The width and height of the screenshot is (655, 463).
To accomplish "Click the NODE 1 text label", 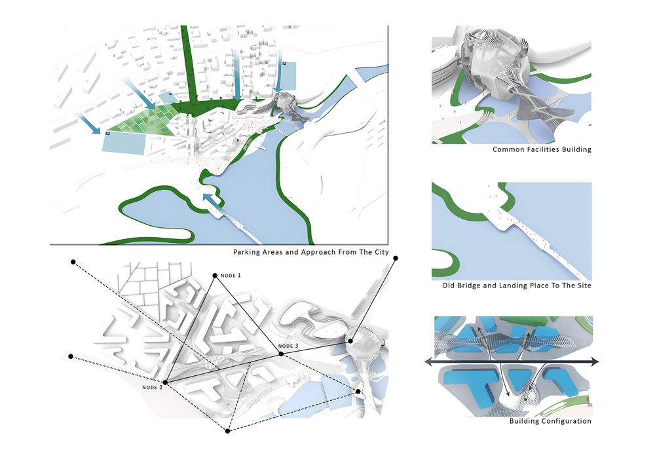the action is pyautogui.click(x=231, y=276).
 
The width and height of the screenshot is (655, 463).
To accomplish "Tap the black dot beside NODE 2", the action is pyautogui.click(x=165, y=382).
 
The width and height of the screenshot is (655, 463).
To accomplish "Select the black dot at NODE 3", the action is pyautogui.click(x=281, y=354).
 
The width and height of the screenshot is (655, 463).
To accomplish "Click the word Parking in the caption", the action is pyautogui.click(x=247, y=252).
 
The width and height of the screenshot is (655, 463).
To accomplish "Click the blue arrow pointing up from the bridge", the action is pyautogui.click(x=212, y=203).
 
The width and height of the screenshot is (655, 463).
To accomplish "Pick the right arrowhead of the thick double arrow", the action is pyautogui.click(x=595, y=362).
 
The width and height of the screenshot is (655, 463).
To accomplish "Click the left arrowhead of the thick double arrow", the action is pyautogui.click(x=430, y=362).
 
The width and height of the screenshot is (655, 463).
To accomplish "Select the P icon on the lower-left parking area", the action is pyautogui.click(x=107, y=134).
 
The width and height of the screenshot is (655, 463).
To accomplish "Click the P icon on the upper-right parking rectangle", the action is pyautogui.click(x=285, y=64).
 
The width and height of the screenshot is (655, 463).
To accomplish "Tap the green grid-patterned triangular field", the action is pyautogui.click(x=144, y=120).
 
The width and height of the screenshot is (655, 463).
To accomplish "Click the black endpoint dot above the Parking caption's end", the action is pyautogui.click(x=396, y=259).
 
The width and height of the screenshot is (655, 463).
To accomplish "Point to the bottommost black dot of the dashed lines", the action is pyautogui.click(x=228, y=431).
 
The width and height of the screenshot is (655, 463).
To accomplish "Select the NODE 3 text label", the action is pyautogui.click(x=288, y=346).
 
